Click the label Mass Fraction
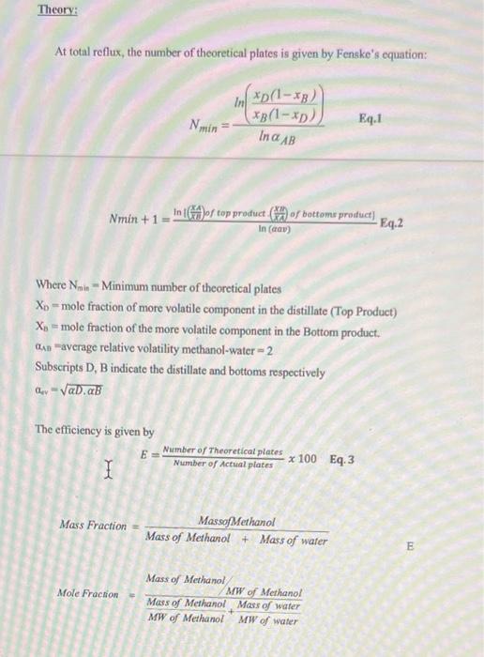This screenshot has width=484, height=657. click(x=93, y=526)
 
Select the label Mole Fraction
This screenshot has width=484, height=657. click(x=87, y=593)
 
